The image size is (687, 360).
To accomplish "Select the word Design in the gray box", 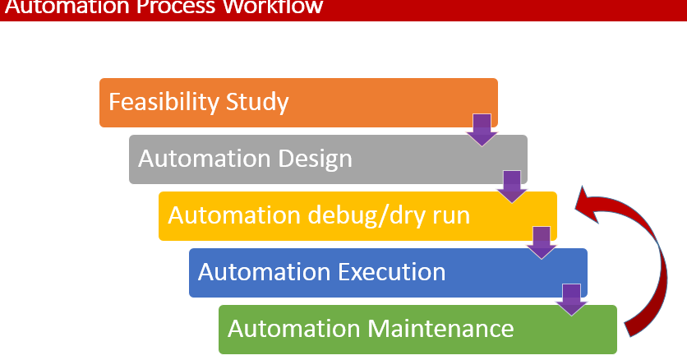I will tap(316, 159).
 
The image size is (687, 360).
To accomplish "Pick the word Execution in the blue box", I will tap(393, 272).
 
